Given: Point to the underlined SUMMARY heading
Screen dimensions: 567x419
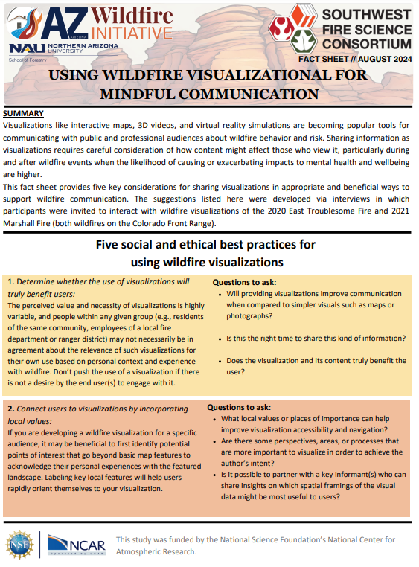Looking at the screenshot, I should [24, 113].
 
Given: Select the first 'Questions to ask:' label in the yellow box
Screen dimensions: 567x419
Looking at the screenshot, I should [244, 282].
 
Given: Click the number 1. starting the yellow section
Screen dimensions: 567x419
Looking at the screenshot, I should [11, 282].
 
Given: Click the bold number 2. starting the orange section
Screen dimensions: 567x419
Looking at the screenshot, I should [11, 409].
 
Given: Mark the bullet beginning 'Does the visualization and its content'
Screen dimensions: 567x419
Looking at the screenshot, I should [316, 365].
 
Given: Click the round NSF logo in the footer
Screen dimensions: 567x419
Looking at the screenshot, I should [19, 545].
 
